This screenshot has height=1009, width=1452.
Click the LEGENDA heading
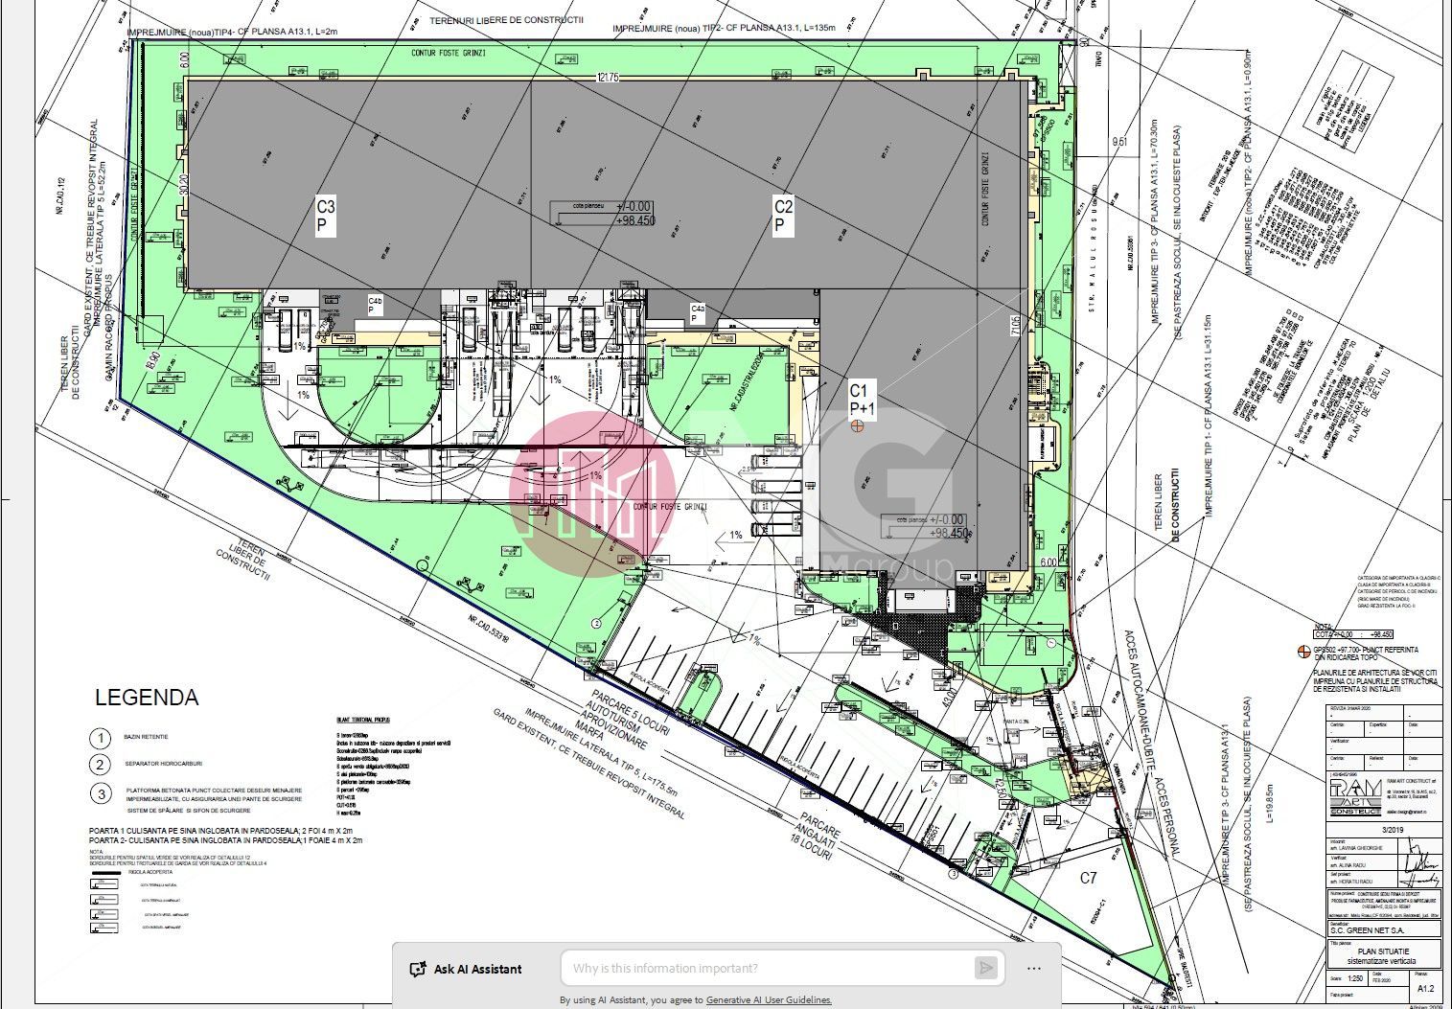[147, 698]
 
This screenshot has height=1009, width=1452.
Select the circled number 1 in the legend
[101, 738]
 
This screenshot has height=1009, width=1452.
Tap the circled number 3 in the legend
[101, 793]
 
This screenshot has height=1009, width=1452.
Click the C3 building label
[326, 216]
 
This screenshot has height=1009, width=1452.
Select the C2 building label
[783, 216]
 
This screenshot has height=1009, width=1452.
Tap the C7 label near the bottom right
[1089, 878]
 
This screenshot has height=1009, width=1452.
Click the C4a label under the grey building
[699, 312]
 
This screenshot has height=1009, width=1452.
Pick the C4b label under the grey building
[376, 305]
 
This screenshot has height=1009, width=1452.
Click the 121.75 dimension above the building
[607, 78]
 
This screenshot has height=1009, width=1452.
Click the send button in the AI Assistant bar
[986, 968]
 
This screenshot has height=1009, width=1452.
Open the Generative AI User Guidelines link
[769, 1000]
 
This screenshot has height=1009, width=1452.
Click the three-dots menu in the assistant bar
[1033, 968]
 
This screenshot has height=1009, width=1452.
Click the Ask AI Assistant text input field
[767, 968]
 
